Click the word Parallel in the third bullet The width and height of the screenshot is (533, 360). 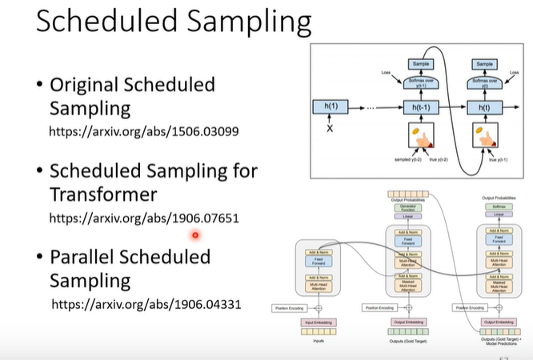click(90, 257)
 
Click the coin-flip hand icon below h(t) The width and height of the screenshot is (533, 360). click(485, 137)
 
